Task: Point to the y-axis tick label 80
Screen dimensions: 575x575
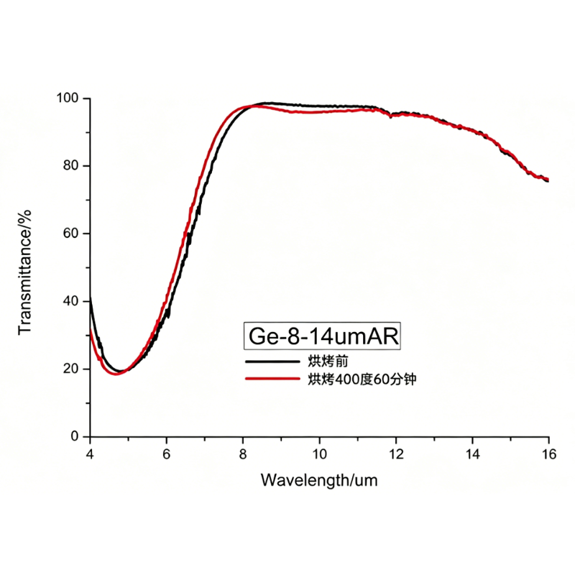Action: pos(72,166)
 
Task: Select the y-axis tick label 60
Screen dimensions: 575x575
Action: pos(72,234)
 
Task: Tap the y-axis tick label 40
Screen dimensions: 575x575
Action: pos(72,301)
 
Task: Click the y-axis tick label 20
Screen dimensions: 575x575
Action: pos(72,369)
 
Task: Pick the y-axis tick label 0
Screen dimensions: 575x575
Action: pos(75,436)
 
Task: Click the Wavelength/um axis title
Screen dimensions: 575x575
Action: pos(318,479)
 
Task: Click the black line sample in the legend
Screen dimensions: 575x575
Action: pos(272,362)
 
